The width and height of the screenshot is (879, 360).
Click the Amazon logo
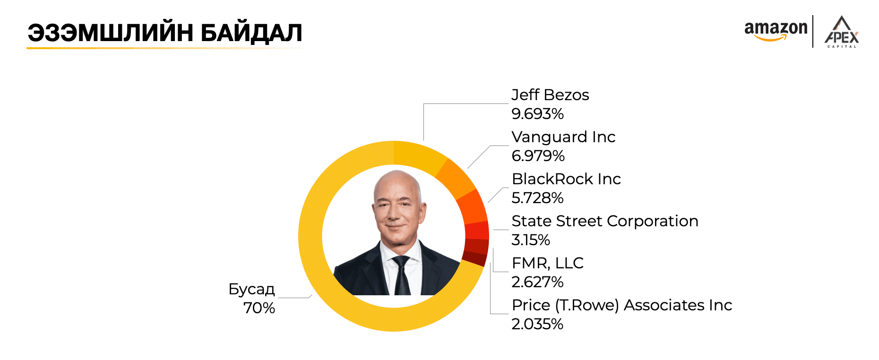click(776, 31)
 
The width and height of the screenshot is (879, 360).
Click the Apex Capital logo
click(841, 32)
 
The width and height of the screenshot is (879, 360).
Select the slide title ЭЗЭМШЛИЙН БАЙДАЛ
click(165, 33)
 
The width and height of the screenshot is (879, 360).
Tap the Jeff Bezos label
click(550, 95)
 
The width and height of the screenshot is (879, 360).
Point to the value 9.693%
click(537, 114)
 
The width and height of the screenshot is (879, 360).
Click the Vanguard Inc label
click(563, 137)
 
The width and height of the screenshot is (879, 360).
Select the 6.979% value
click(538, 156)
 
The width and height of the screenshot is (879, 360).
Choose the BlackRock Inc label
click(566, 179)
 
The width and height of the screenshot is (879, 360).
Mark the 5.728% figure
click(537, 198)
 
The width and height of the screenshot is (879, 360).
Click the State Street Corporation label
click(604, 221)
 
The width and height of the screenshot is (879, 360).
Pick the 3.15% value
click(530, 240)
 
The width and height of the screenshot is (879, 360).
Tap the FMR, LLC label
click(547, 263)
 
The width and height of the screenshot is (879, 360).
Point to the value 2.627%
click(537, 282)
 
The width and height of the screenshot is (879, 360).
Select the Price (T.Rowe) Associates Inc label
click(621, 305)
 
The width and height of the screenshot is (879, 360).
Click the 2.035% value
click(537, 324)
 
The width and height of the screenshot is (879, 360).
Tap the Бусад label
click(251, 289)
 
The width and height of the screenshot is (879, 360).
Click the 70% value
click(259, 308)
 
